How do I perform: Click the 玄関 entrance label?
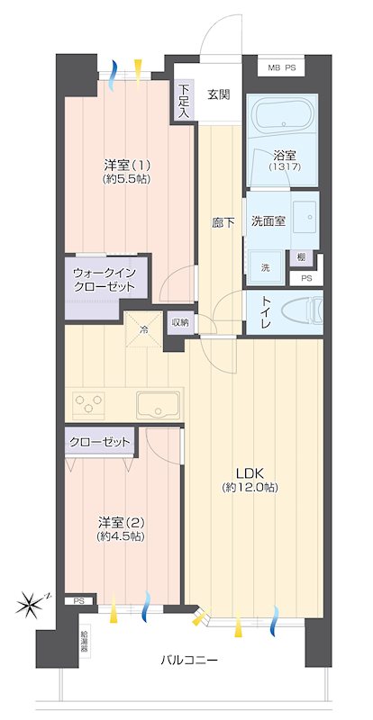[x=218, y=95]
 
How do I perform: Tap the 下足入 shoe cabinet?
[x=184, y=100]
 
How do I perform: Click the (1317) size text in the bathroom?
[x=285, y=167]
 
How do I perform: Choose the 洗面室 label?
[x=268, y=221]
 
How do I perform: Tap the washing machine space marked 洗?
[x=266, y=267]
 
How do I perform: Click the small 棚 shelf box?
[x=301, y=258]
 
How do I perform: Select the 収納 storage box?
[x=181, y=322]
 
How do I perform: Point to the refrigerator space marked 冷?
[x=144, y=328]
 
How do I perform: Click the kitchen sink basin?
[x=158, y=404]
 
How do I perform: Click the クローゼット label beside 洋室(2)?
[x=99, y=442]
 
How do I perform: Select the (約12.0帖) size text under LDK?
[x=250, y=488]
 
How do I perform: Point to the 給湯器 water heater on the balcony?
[x=86, y=643]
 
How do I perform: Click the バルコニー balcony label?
[x=189, y=661]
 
